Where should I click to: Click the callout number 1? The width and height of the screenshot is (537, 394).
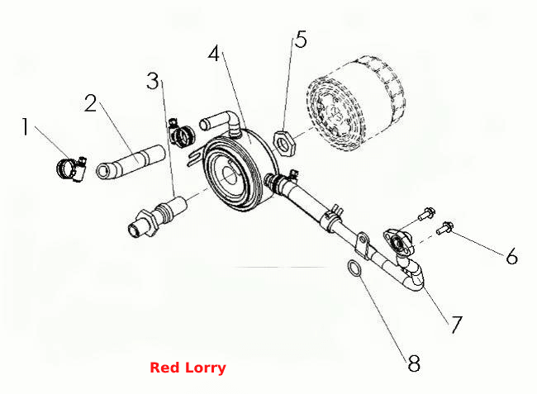pyautogui.click(x=25, y=126)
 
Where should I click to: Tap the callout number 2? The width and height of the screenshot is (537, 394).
pyautogui.click(x=91, y=103)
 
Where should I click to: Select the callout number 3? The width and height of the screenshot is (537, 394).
pyautogui.click(x=153, y=81)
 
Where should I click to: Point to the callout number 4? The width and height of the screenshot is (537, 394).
pyautogui.click(x=214, y=54)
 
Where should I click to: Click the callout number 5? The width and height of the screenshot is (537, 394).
pyautogui.click(x=301, y=40)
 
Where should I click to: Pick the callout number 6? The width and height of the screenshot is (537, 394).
pyautogui.click(x=511, y=256)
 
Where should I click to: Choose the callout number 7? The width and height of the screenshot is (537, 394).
pyautogui.click(x=456, y=324)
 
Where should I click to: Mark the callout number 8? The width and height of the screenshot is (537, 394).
pyautogui.click(x=414, y=363)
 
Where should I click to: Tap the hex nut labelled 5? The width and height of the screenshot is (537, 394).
pyautogui.click(x=284, y=143)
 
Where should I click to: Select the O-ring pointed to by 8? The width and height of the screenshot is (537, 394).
pyautogui.click(x=354, y=268)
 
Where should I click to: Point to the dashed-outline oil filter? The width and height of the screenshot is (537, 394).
pyautogui.click(x=356, y=102)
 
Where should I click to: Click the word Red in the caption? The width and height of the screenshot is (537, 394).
pyautogui.click(x=164, y=368)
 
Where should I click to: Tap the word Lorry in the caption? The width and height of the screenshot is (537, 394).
pyautogui.click(x=206, y=368)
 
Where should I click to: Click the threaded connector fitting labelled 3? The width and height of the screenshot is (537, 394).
pyautogui.click(x=157, y=216)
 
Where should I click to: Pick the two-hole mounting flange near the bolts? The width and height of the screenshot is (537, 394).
pyautogui.click(x=399, y=242)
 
